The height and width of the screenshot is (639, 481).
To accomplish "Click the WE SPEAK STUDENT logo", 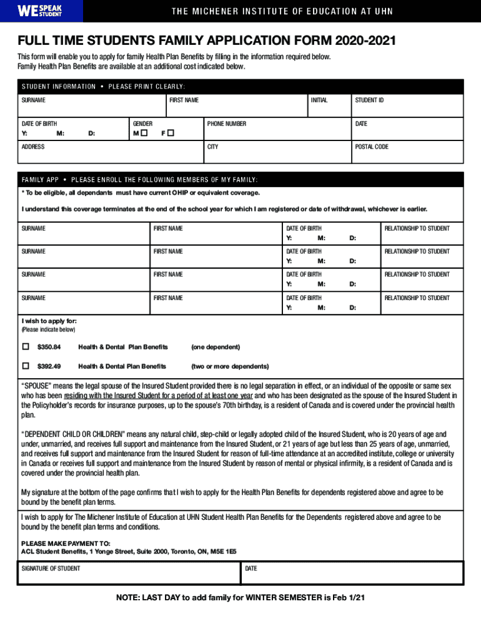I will coord(39,11).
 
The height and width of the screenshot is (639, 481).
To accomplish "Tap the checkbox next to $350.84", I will coord(26,346).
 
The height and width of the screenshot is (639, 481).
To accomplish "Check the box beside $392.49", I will coord(26,366).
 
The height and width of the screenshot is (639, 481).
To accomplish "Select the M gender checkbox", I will coord(144,134).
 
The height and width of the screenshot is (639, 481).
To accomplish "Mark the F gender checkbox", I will coord(170,134).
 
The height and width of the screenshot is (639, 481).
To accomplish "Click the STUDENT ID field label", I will coord(369,100).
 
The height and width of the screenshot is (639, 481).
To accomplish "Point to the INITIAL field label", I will coord(319,100).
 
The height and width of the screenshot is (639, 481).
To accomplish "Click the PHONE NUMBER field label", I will coord(226,124).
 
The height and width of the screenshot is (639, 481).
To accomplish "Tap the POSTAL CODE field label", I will coord(372,147).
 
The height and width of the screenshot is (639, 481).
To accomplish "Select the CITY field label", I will coord(213,147).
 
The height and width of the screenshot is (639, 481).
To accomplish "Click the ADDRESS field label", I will coord(33,147).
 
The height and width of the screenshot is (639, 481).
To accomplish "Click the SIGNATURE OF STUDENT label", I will coord(51,568).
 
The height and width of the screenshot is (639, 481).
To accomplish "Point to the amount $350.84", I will coord(49,347).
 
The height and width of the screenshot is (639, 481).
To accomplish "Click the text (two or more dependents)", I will coord(230,366).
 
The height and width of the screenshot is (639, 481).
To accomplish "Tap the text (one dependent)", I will coord(216,347).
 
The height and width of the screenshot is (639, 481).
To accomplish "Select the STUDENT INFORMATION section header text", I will coord(59,87).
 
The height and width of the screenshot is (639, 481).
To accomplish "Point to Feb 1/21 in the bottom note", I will coord(348,598).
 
